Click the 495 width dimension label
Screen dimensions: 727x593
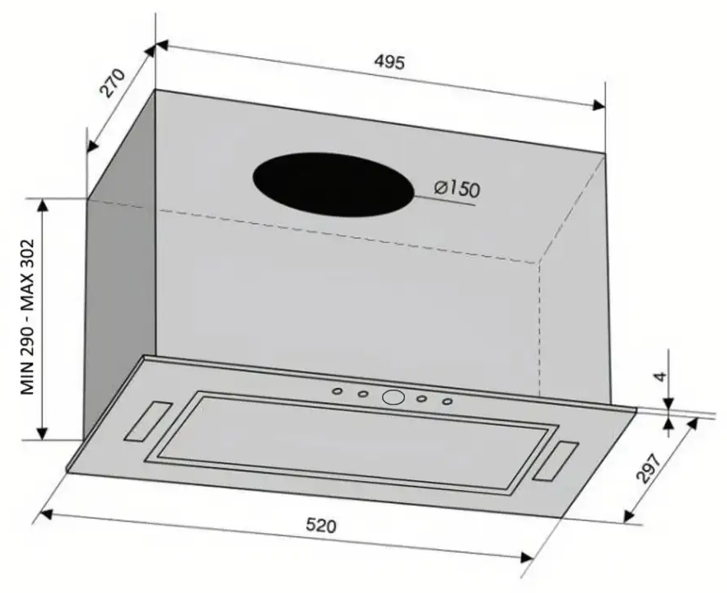389,62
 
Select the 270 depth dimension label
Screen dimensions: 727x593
113,83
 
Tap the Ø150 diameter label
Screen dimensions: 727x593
457,189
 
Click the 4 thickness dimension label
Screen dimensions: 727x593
662,376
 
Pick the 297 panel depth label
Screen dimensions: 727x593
649,468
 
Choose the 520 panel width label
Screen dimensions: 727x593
321,525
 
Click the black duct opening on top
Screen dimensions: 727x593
333,184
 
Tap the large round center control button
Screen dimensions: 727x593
394,397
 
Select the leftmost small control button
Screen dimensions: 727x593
338,391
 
